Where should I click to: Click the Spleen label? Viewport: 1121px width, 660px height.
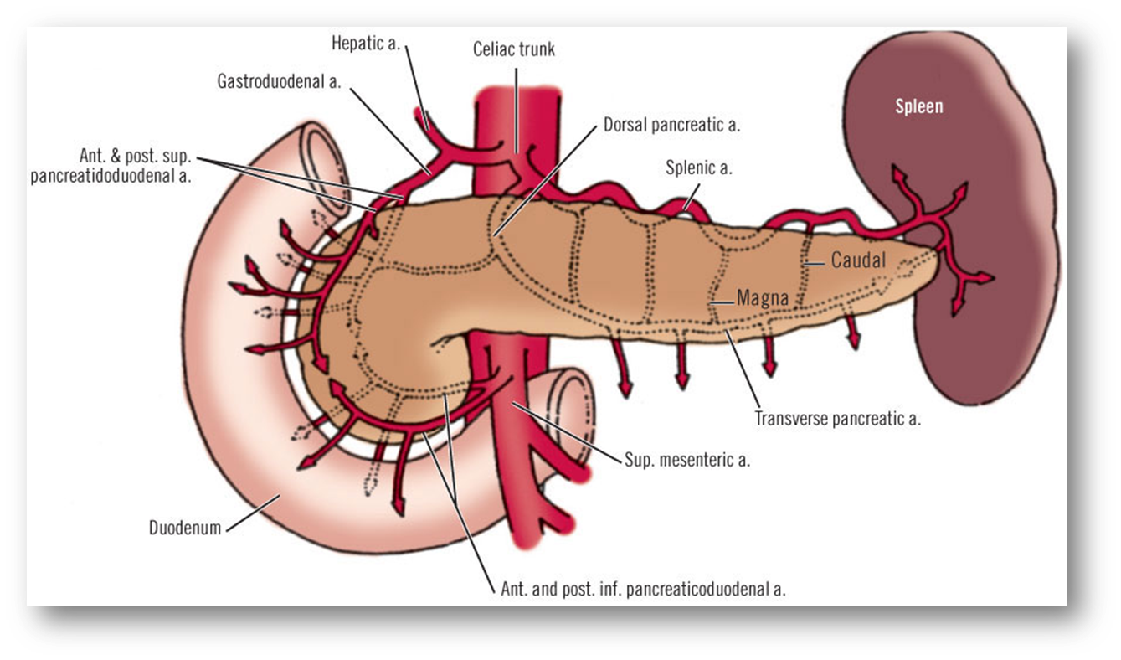[x=918, y=106]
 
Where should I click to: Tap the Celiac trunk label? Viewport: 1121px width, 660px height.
[x=513, y=50]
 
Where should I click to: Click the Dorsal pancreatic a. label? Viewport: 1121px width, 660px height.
[x=672, y=126]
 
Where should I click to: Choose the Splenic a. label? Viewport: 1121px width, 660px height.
[x=699, y=168]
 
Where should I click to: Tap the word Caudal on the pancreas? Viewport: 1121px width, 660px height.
[x=858, y=260]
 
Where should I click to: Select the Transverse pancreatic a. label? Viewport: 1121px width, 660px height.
[x=837, y=419]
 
